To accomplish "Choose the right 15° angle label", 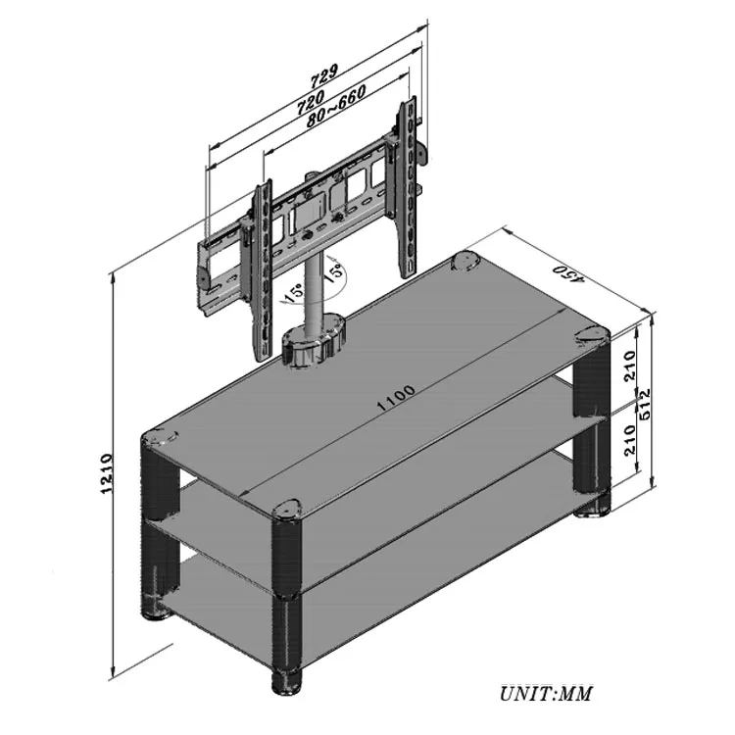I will [x=333, y=270].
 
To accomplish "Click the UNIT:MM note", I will [x=546, y=694].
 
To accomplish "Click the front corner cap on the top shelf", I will [x=285, y=509].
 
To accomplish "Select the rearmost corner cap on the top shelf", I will [x=465, y=263].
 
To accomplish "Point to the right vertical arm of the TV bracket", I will [x=406, y=186].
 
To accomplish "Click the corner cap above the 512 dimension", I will [x=591, y=335].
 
